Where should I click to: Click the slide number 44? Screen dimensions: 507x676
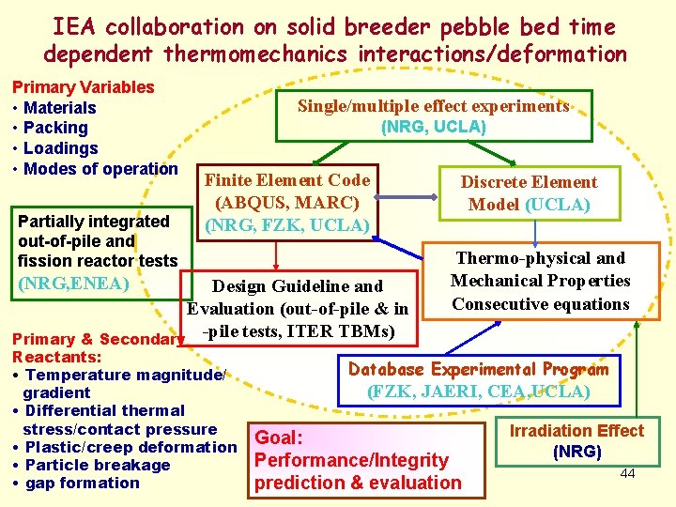628,473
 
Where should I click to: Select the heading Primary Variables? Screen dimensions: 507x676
83,87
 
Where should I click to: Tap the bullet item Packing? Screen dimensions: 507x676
55,128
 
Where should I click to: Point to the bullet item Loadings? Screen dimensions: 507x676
60,148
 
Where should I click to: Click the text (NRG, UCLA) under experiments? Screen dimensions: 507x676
433,127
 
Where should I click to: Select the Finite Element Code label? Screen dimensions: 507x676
287,180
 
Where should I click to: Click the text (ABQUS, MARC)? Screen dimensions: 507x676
287,203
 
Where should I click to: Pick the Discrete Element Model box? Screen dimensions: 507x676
529,192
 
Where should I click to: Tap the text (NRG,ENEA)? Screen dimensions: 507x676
73,281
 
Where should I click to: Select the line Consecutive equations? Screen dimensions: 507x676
540,304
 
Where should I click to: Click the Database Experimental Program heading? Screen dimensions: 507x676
478,369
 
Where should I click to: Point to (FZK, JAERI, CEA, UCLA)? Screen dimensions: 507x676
478,392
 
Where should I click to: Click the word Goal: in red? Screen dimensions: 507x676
279,438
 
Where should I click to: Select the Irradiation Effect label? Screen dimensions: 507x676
576,431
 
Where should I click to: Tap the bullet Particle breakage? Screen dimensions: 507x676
97,465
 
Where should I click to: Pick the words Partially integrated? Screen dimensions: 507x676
93,222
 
